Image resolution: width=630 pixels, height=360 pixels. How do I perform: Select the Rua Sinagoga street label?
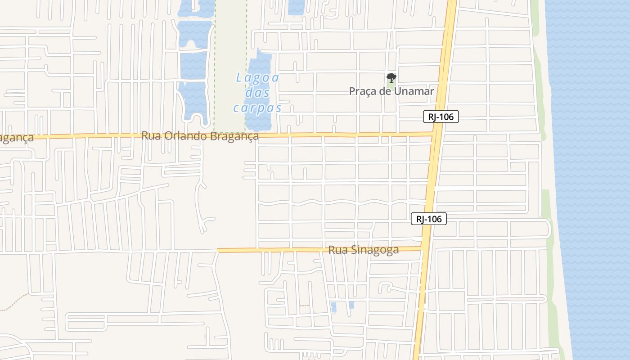363,250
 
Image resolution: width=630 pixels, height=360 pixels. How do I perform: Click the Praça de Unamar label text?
391,91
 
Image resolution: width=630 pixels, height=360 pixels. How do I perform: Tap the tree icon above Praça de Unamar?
391,77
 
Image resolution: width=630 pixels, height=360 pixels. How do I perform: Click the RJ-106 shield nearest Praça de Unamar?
441,117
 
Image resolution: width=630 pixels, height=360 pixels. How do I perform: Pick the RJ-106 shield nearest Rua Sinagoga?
428,219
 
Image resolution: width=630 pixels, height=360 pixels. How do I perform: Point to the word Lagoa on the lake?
257,78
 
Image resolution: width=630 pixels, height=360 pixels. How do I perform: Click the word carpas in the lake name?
257,108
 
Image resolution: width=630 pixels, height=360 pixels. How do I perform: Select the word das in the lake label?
257,93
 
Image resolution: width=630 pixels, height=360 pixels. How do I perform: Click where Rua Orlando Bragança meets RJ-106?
434,134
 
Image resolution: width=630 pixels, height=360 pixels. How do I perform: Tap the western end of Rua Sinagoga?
219,250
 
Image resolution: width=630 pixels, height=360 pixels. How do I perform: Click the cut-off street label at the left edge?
16,138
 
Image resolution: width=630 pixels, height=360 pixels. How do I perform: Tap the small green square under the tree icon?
391,83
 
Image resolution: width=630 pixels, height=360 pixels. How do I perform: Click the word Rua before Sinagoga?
337,250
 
